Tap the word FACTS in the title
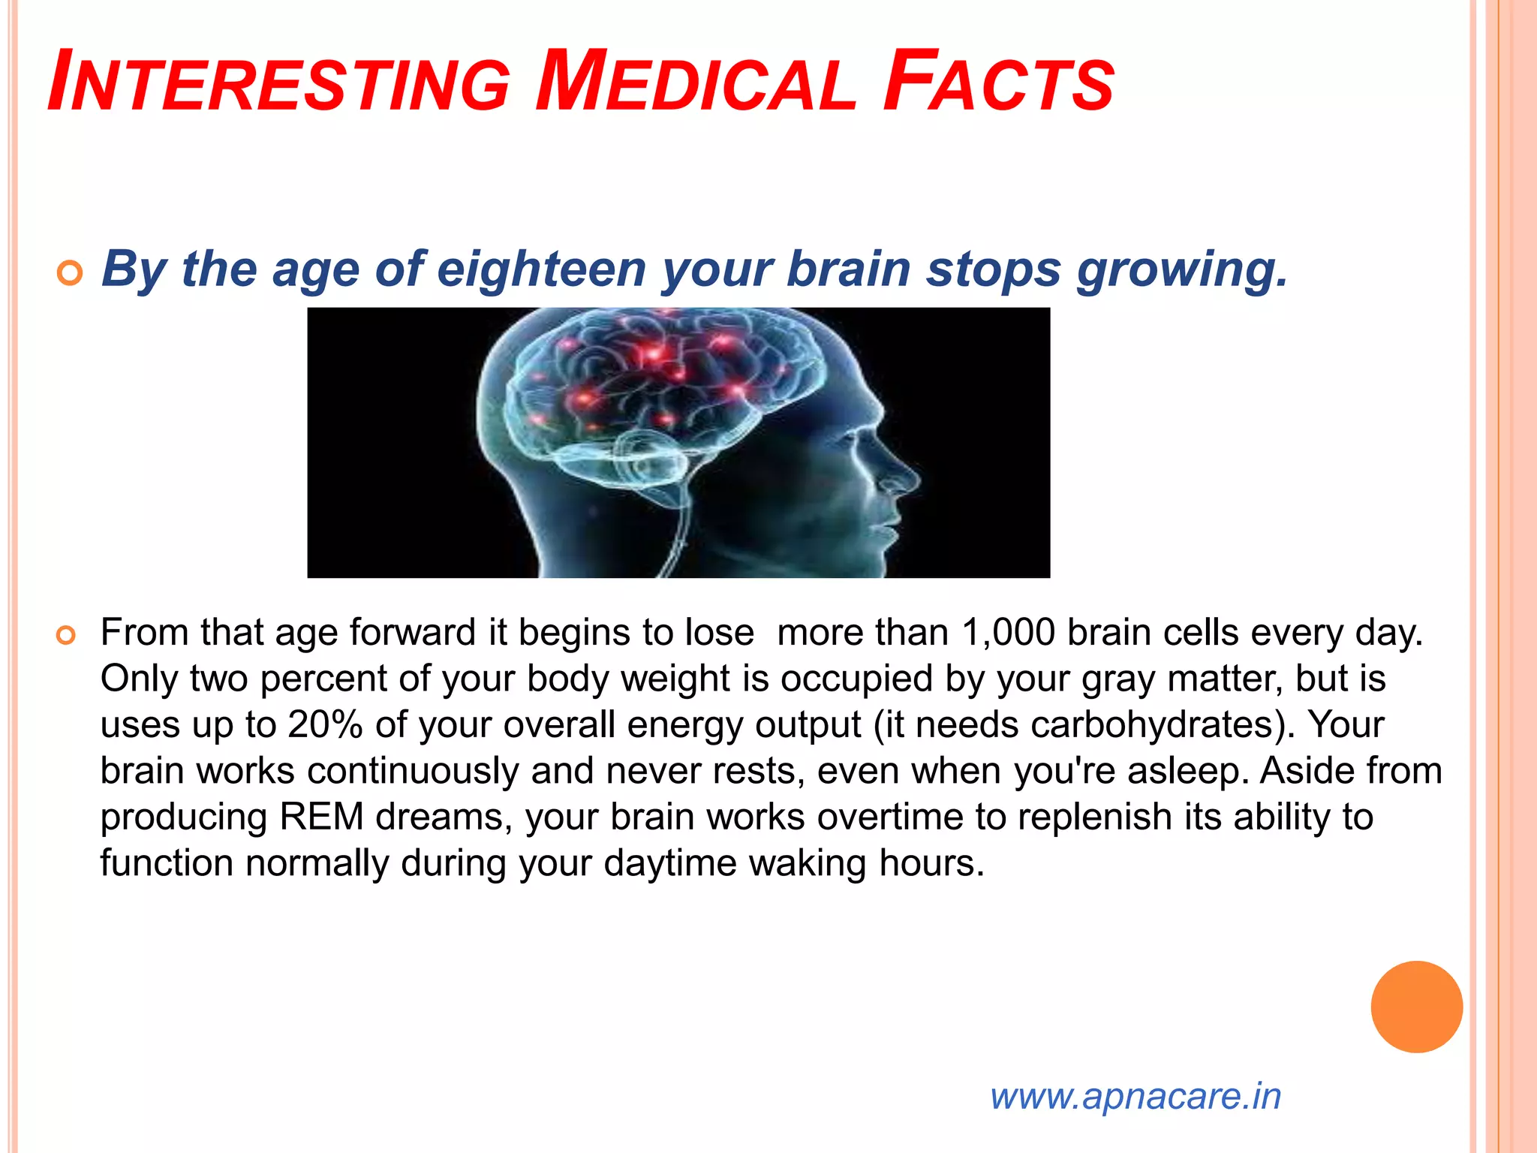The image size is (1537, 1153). (999, 81)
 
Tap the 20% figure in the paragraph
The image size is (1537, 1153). (325, 724)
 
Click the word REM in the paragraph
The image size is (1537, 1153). (321, 817)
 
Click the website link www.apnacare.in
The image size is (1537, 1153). (1135, 1096)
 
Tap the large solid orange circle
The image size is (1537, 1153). (1416, 1007)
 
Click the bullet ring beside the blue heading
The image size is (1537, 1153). (69, 275)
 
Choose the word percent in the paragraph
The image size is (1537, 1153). (323, 679)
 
